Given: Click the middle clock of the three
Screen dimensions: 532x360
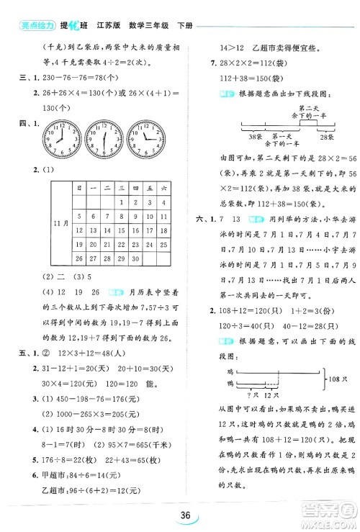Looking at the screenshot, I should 104,137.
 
